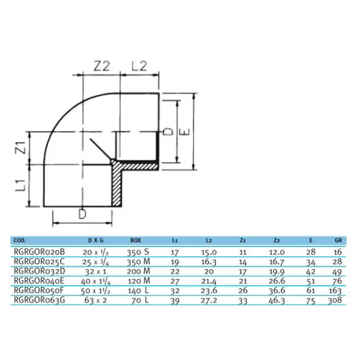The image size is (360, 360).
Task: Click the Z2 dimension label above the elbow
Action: point(102,67)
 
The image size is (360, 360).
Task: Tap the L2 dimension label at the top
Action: point(139,67)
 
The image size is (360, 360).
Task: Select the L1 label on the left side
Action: point(21,185)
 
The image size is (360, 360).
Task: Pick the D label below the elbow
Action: point(82,214)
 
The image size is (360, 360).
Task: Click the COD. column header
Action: point(20,240)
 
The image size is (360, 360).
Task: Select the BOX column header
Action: point(135,240)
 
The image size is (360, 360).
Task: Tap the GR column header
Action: point(338,240)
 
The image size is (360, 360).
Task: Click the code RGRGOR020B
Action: point(40,252)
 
